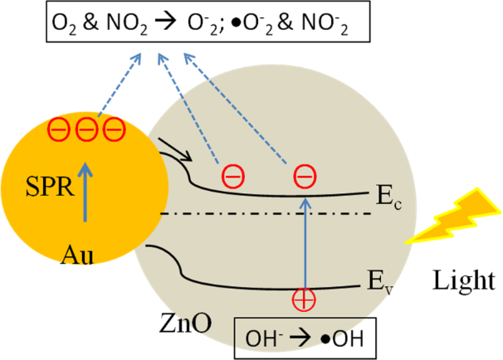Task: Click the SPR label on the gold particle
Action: pos(50,187)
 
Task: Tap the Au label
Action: pos(77,255)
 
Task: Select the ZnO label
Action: pos(185,323)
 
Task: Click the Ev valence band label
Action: pos(380,283)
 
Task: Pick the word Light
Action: pos(464,280)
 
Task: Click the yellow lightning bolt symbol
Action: pos(453,216)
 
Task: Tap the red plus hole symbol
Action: pos(304,299)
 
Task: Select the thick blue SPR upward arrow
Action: pos(85,192)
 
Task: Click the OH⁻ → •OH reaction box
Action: pos(305,338)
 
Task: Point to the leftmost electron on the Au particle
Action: pos(59,130)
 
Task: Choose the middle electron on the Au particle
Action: pos(86,130)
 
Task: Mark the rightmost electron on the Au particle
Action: pos(115,130)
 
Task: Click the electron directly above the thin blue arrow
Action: pos(305,177)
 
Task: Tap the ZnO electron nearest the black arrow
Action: pos(233,177)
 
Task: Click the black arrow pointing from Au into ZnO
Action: pos(175,149)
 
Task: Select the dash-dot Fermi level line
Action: pos(266,213)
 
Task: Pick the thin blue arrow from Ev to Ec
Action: pos(305,243)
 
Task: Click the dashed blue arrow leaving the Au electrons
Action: pos(120,85)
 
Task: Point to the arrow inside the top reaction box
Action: pos(165,22)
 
